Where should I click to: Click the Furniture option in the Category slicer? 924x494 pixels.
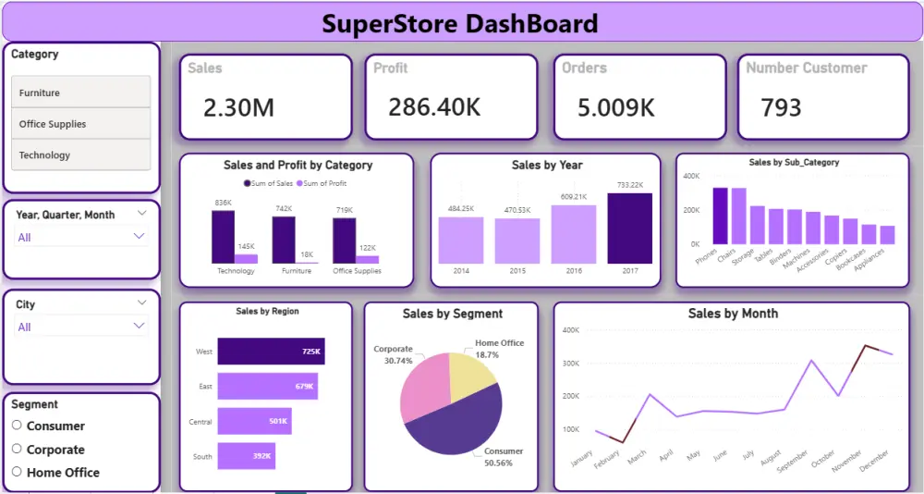pyautogui.click(x=80, y=93)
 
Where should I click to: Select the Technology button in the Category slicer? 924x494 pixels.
pyautogui.click(x=80, y=155)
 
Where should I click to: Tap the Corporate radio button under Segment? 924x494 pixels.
pyautogui.click(x=17, y=450)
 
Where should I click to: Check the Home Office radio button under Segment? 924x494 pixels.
pyautogui.click(x=17, y=472)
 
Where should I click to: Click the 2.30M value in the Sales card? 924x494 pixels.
pyautogui.click(x=238, y=108)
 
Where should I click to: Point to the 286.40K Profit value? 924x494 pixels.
pyautogui.click(x=434, y=107)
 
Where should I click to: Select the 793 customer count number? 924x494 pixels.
pyautogui.click(x=781, y=108)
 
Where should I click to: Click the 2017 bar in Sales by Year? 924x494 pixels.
pyautogui.click(x=629, y=228)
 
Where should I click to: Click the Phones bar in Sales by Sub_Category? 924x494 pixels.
pyautogui.click(x=720, y=216)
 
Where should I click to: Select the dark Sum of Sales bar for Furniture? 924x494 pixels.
pyautogui.click(x=283, y=241)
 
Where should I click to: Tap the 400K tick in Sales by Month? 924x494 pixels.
pyautogui.click(x=570, y=329)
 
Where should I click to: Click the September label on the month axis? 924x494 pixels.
pyautogui.click(x=792, y=461)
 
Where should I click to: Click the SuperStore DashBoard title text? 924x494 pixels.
pyautogui.click(x=459, y=23)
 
